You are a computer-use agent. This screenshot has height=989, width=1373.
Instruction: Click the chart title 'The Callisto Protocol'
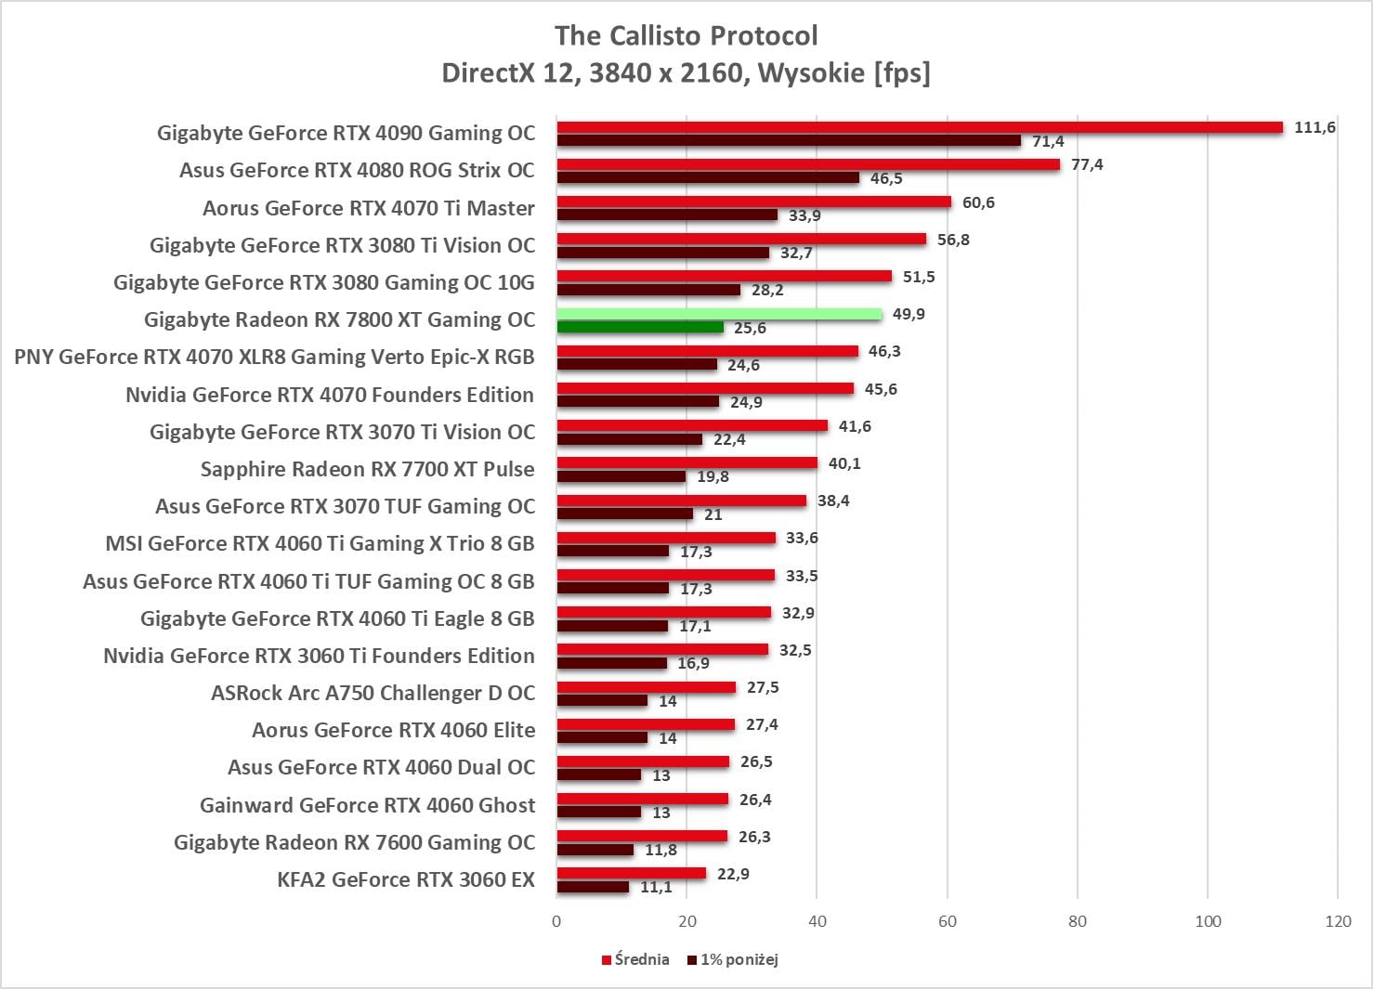click(686, 35)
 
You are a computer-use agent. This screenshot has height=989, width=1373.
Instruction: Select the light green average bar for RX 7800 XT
click(719, 314)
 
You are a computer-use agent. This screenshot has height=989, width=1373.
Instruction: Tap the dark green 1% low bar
click(640, 328)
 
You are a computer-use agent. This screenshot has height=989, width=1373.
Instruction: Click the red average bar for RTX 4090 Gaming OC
click(920, 127)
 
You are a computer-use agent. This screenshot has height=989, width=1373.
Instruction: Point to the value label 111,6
click(1314, 127)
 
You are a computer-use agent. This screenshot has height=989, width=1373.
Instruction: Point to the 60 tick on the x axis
click(947, 921)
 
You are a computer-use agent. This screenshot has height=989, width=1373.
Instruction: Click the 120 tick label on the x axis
click(1338, 921)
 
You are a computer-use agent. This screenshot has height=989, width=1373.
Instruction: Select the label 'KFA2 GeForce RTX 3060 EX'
click(406, 879)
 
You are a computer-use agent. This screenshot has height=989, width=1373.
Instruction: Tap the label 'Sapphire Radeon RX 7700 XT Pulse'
click(367, 469)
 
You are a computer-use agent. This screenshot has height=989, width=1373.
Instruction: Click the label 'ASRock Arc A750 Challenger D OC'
click(373, 693)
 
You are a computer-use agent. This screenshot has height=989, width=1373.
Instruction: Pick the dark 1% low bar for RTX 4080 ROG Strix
click(708, 177)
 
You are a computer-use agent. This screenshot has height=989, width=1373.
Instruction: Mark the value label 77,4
click(1087, 164)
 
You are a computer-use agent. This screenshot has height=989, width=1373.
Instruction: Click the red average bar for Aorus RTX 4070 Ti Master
click(754, 202)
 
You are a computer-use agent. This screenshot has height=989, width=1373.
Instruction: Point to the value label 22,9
click(733, 874)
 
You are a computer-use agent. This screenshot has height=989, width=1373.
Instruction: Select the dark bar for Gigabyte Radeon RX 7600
click(595, 850)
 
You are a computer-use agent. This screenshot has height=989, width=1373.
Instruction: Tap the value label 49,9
click(909, 314)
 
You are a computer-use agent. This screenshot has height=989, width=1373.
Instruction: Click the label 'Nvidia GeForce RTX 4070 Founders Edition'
click(330, 395)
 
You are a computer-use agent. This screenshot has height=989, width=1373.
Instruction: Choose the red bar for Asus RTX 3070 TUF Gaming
click(682, 501)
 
